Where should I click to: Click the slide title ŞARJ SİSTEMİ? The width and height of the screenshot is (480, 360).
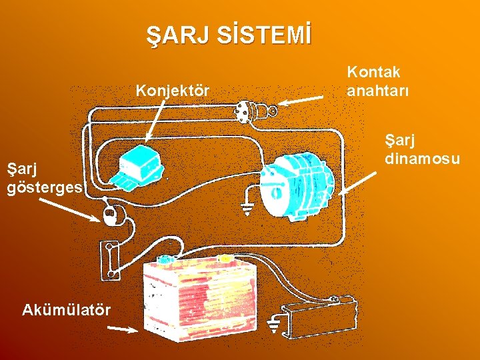pos(229,35)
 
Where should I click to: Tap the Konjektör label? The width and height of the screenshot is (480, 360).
pos(172,90)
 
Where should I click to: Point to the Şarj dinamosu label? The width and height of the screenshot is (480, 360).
pos(422,150)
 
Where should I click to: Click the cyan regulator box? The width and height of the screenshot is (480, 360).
pos(139,164)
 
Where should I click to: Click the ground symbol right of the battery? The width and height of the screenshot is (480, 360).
pos(274,326)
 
